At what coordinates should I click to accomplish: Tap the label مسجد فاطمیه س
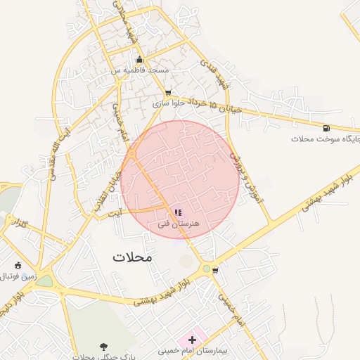click(139, 71)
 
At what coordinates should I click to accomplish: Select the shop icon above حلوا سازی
click(167, 93)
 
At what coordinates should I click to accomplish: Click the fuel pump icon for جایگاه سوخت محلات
click(326, 128)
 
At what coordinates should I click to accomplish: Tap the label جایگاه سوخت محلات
click(326, 139)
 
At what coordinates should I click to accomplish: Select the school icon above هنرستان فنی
click(177, 212)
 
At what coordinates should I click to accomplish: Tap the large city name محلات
click(132, 257)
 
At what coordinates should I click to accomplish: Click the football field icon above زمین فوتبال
click(18, 265)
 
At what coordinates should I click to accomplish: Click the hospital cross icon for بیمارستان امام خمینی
click(193, 340)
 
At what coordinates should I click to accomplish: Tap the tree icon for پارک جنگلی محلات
click(103, 346)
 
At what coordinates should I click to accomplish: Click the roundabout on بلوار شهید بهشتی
click(206, 269)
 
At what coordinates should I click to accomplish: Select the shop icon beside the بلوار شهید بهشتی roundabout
click(215, 269)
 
